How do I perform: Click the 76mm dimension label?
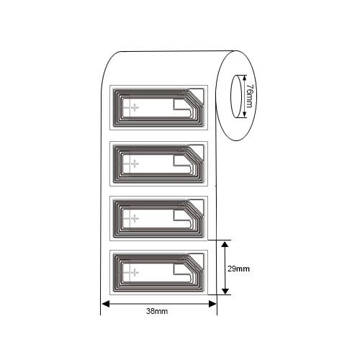(x=250, y=96)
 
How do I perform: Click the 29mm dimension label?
(x=238, y=269)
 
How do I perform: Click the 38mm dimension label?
(x=157, y=311)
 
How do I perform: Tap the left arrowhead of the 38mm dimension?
(x=106, y=304)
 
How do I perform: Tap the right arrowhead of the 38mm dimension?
(x=212, y=304)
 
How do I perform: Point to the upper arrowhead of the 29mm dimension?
(x=225, y=245)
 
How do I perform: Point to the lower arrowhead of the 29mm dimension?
(x=225, y=290)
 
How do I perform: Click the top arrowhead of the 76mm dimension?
(x=244, y=78)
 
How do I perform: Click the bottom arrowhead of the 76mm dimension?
(x=244, y=114)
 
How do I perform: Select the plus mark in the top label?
(x=135, y=107)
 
